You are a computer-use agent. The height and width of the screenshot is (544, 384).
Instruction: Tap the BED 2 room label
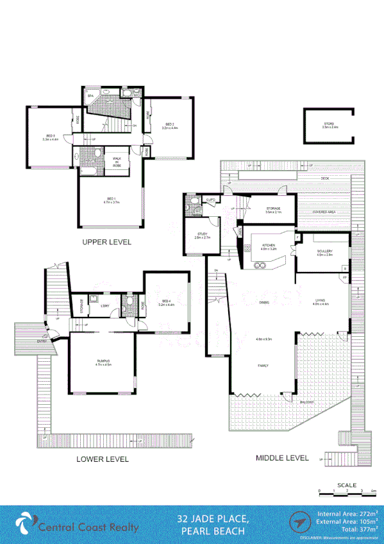(169, 124)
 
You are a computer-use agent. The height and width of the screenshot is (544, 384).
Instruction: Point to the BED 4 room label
(166, 302)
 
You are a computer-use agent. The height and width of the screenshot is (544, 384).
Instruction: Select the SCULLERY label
(324, 253)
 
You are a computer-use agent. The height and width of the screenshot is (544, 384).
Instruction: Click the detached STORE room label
(330, 124)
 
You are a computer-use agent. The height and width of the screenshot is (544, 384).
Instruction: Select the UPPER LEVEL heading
(106, 242)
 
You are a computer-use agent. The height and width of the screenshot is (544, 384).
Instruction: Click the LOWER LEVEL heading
(103, 459)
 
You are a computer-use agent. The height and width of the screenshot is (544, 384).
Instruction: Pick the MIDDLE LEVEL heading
(282, 459)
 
